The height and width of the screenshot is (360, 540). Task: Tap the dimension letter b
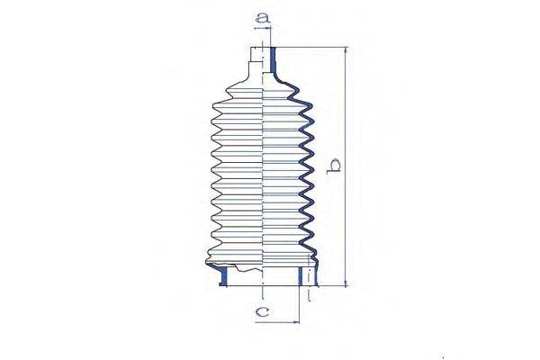(335, 166)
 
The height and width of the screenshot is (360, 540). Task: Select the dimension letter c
(263, 312)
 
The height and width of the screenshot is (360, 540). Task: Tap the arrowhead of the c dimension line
(295, 321)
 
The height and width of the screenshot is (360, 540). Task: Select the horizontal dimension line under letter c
(279, 321)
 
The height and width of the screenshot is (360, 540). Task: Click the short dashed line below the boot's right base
(310, 295)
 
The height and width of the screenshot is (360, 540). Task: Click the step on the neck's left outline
(249, 60)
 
